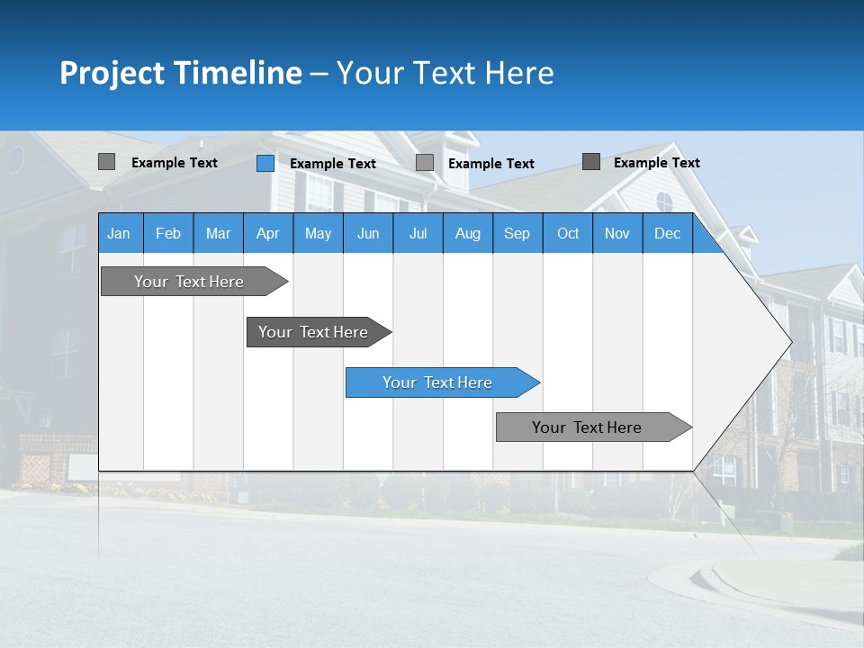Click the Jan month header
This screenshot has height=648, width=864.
click(119, 234)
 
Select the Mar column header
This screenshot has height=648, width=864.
click(218, 234)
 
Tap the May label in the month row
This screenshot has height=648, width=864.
click(318, 234)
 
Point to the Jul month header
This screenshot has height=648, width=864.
click(418, 234)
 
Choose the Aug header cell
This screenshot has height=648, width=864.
click(468, 234)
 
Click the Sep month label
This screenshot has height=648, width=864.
click(517, 234)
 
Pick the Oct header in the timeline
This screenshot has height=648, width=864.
click(568, 234)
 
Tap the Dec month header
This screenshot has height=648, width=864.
click(668, 234)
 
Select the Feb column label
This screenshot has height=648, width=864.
click(168, 234)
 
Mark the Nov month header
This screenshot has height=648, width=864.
click(617, 234)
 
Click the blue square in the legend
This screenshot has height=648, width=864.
click(265, 163)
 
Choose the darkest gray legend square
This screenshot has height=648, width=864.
click(591, 162)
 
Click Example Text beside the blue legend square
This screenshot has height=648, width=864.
click(333, 164)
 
